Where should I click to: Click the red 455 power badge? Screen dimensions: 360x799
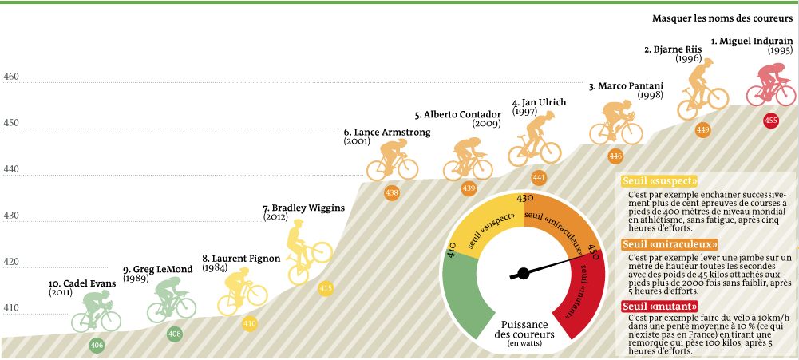coord(770,121)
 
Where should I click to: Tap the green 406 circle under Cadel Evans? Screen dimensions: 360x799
coord(97,346)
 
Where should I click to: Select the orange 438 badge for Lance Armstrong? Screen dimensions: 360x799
coord(392,192)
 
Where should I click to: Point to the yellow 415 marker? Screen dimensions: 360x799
coord(326,288)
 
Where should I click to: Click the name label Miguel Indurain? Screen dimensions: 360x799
coord(750,39)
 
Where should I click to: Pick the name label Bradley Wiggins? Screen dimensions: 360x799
coord(303,208)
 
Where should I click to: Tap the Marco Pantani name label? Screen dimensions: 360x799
coord(627,85)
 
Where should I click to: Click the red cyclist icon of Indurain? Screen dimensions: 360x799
coord(770,85)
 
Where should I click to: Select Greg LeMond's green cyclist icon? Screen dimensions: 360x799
coord(171,299)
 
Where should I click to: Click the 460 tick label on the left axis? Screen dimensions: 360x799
coord(11,77)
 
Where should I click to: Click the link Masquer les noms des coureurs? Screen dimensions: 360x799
coord(722,18)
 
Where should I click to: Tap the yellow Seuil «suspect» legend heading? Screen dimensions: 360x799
coord(659,180)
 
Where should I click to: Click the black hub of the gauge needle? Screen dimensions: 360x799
coord(524,273)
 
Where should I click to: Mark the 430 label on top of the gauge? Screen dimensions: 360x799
coord(524,198)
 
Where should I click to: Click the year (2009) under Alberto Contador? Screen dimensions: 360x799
coord(486,124)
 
